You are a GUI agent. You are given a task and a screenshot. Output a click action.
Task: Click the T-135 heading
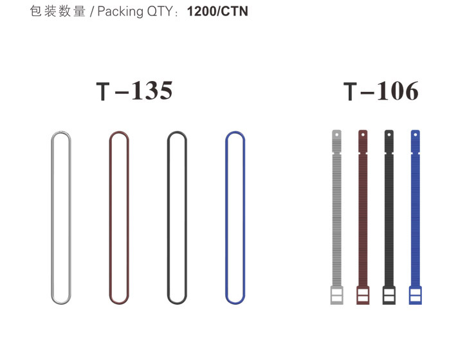tap(134, 91)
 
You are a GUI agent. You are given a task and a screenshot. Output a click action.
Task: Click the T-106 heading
tap(381, 91)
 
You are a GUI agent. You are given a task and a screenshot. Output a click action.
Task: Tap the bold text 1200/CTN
tap(217, 12)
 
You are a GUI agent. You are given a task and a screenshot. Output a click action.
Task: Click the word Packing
tap(120, 12)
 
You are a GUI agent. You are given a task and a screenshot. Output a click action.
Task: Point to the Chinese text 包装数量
tap(58, 12)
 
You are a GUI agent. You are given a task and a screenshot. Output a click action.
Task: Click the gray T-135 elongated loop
tap(51, 217)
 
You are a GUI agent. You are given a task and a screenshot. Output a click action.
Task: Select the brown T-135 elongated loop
tap(110, 217)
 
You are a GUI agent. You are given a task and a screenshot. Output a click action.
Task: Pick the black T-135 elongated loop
tap(168, 217)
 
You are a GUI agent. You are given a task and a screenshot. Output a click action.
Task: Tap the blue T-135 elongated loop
tap(226, 217)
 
